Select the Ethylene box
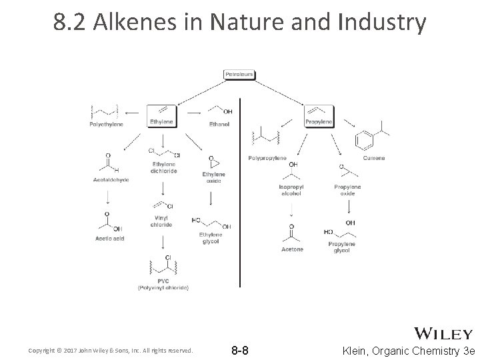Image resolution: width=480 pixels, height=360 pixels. coord(161,122)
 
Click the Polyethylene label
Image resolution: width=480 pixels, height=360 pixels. coord(106,124)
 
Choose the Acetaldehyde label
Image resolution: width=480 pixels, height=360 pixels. coord(106,179)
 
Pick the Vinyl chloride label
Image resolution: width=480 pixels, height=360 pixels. coord(161,221)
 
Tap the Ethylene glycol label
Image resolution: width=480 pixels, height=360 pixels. coord(210,238)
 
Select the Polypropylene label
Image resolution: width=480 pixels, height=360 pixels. coord(267,158)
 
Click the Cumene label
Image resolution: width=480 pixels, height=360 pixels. coord(373,158)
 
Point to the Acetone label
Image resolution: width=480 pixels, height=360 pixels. coord(292,249)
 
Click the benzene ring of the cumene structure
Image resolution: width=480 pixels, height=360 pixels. coord(364,142)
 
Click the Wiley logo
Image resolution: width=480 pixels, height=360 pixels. coord(444,333)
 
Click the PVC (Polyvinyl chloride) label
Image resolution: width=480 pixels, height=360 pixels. coord(163,285)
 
